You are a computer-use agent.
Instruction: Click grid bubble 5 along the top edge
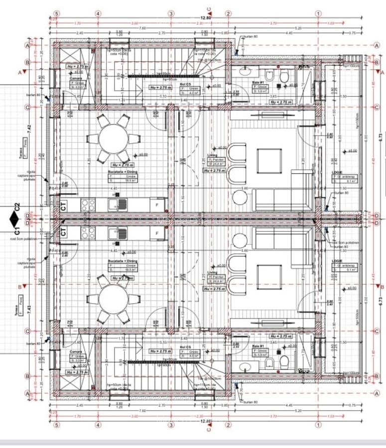(56, 13)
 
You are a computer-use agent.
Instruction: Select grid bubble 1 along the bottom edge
(318, 425)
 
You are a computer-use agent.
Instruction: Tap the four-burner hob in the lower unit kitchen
(88, 232)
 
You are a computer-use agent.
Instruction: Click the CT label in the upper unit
(63, 205)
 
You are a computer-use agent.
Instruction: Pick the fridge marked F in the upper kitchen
(157, 204)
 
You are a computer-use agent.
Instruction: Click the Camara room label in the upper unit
(76, 78)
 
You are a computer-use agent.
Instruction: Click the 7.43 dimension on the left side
(28, 309)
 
